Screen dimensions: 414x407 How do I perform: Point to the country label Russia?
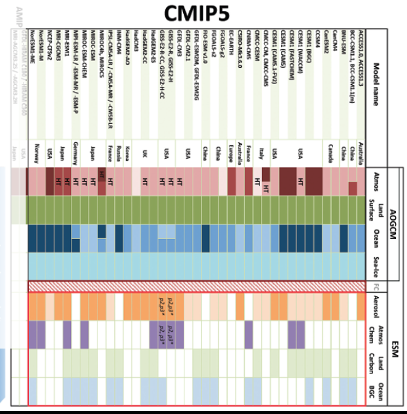(117, 152)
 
